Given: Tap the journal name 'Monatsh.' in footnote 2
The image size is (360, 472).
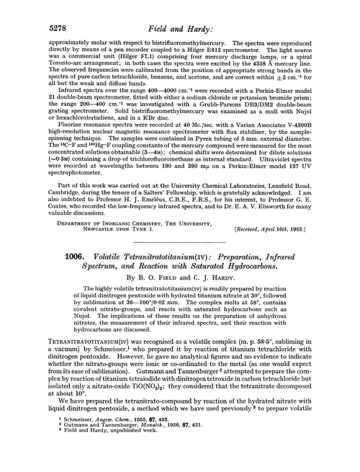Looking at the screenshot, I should [149, 451].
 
